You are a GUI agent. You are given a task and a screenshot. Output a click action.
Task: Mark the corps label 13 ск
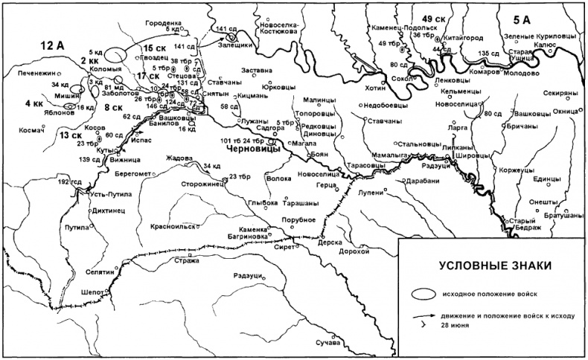tap(71, 135)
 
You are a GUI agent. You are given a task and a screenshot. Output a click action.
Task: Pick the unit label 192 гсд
tap(71, 181)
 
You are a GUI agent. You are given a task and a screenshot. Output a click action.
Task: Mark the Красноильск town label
tap(172, 225)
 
